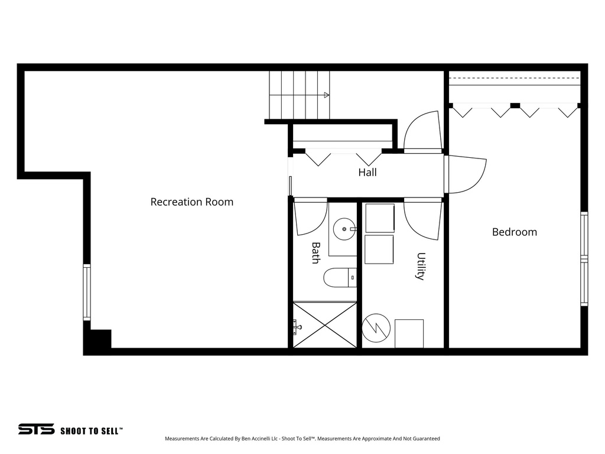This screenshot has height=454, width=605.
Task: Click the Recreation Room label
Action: [191, 202]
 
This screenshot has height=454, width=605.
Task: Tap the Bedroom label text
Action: [515, 232]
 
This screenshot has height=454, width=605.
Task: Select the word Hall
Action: [367, 173]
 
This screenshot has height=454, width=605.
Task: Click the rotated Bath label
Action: [316, 253]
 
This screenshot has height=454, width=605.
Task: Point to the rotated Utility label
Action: [421, 266]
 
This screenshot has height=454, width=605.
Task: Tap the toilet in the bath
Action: [340, 277]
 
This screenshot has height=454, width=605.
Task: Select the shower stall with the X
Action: [325, 325]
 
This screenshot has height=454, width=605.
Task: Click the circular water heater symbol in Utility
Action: [376, 327]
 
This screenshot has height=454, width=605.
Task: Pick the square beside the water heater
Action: [409, 333]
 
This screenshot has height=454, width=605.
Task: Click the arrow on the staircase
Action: [326, 95]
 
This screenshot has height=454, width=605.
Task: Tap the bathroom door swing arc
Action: [310, 217]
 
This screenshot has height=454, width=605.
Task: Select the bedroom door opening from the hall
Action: [466, 174]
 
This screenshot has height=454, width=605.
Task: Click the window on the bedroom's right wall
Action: [584, 259]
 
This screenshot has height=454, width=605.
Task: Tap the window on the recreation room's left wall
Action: [87, 292]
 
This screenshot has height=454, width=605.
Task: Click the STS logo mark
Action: [36, 429]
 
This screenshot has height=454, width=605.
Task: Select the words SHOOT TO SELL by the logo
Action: [92, 431]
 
